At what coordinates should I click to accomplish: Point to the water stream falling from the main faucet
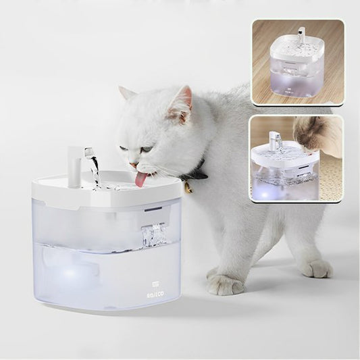pyautogui.click(x=95, y=170)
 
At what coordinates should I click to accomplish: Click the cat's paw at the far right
pyautogui.click(x=317, y=268)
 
